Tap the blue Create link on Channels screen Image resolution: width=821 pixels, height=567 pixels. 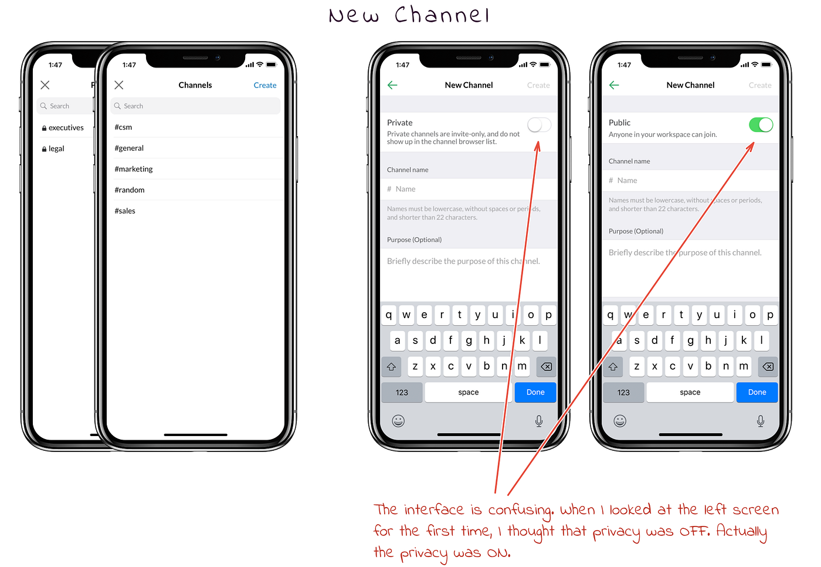pos(264,86)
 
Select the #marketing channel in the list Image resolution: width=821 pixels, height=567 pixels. pos(134,169)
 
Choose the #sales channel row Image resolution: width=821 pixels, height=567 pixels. pos(125,211)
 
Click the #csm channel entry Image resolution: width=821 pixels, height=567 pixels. pos(123,127)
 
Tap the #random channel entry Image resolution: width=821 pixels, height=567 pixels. pos(130,190)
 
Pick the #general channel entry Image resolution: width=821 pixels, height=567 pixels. pos(129,148)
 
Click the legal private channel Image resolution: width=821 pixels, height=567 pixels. pos(56,149)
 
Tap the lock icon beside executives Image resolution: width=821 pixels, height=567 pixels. pos(44,129)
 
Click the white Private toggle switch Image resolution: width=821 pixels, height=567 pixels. pos(539,125)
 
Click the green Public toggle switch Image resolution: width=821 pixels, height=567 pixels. pos(761,125)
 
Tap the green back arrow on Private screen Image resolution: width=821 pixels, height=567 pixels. pos(392,86)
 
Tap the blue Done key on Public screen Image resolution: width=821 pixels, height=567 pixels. pos(756,393)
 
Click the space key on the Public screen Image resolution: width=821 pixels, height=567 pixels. pos(690,393)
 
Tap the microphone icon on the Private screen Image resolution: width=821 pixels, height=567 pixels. pos(538,421)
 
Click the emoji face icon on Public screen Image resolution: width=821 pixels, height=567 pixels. pos(620,421)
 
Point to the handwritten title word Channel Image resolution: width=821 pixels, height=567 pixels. pos(442,15)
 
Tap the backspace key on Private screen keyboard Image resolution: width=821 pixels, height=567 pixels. pos(546,367)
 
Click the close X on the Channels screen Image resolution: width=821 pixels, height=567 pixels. pos(119,86)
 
